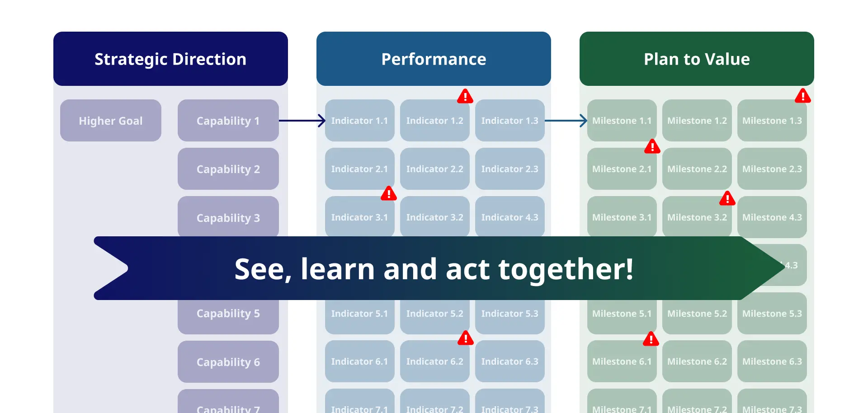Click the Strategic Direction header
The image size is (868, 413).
[x=170, y=59]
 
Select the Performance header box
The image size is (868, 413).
[x=434, y=59]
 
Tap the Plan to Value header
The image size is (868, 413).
[x=697, y=59]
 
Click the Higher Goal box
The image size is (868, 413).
[x=111, y=121]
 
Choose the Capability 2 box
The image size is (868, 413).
[x=228, y=169]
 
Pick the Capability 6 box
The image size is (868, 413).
[x=228, y=362]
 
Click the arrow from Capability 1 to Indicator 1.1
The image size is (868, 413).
[x=302, y=121]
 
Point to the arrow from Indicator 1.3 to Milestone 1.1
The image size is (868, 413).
[x=566, y=121]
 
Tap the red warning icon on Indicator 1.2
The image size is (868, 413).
[x=465, y=96]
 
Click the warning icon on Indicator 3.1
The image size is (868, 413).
[x=389, y=193]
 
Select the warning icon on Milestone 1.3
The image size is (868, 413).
[x=803, y=96]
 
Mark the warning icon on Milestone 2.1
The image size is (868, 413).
[x=652, y=146]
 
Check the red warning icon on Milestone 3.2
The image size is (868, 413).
[x=727, y=198]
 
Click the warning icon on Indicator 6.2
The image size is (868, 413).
[x=466, y=338]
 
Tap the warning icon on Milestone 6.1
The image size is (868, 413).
[x=651, y=339]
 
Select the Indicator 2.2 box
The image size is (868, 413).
[x=435, y=169]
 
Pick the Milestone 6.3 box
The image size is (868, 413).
[x=772, y=361]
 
